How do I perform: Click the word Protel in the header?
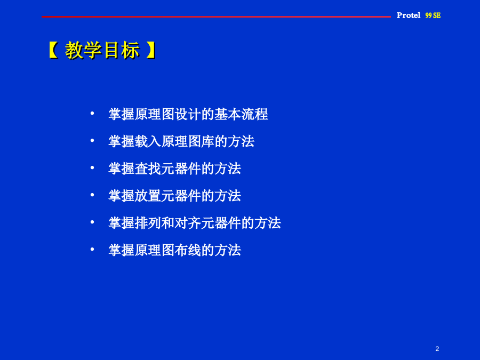(409, 15)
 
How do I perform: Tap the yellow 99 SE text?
(433, 15)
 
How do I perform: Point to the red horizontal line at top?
(216, 17)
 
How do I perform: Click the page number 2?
(437, 349)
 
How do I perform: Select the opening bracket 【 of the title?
(53, 50)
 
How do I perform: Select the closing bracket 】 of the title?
(151, 50)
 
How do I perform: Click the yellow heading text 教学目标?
(102, 50)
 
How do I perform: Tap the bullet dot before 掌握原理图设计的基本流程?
(92, 114)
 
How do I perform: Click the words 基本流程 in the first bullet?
(241, 114)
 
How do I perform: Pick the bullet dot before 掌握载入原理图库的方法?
(92, 140)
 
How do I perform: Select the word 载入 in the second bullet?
(148, 141)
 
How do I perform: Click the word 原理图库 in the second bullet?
(188, 141)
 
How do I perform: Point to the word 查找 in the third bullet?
(148, 169)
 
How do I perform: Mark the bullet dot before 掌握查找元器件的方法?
(92, 168)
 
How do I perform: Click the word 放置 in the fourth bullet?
(148, 196)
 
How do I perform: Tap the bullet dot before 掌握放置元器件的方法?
(92, 195)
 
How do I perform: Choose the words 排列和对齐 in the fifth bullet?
(168, 223)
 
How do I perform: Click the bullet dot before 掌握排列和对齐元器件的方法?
(92, 222)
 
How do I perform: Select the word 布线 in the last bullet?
(188, 250)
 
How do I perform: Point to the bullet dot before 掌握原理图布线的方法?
(92, 250)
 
